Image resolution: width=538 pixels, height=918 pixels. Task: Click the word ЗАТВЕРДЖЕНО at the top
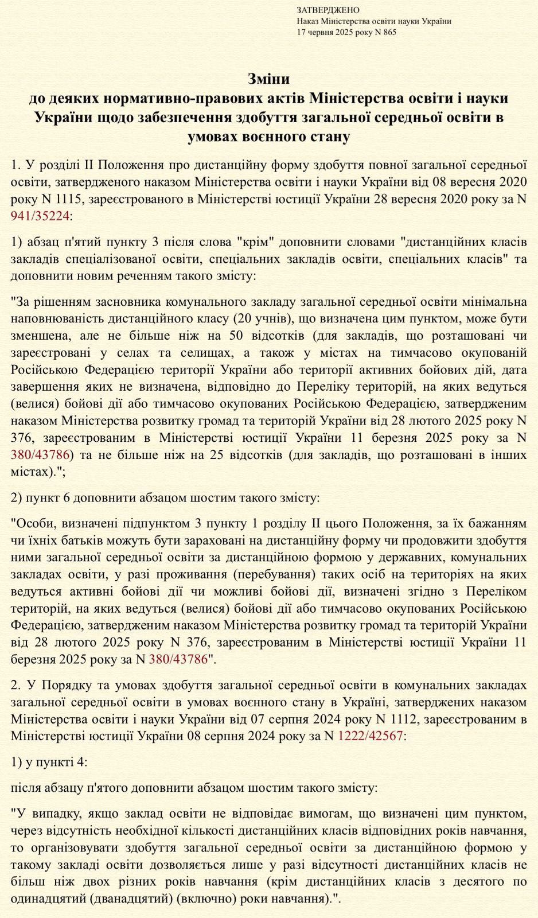[328, 10]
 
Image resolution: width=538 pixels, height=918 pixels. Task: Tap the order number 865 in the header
[388, 32]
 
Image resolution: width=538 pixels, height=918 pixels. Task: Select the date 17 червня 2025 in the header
[326, 32]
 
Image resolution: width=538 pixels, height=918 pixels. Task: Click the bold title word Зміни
[268, 79]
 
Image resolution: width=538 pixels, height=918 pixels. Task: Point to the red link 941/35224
[40, 216]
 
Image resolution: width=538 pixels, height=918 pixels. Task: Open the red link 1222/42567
[370, 735]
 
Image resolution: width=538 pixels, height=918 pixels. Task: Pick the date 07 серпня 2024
[293, 719]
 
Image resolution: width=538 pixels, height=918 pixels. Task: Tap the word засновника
[109, 301]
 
